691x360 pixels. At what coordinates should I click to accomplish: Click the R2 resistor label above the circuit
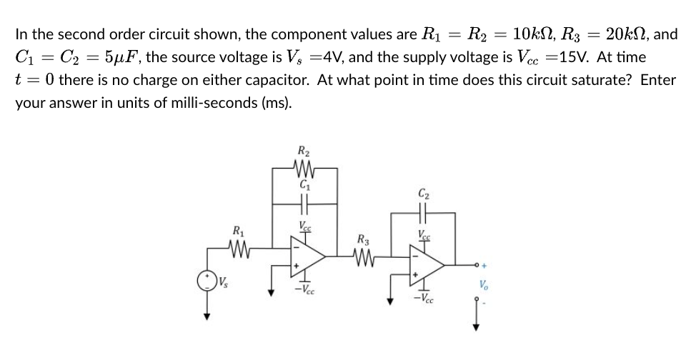302,151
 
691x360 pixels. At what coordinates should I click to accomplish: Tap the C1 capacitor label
302,186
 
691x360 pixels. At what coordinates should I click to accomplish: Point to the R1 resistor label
237,230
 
